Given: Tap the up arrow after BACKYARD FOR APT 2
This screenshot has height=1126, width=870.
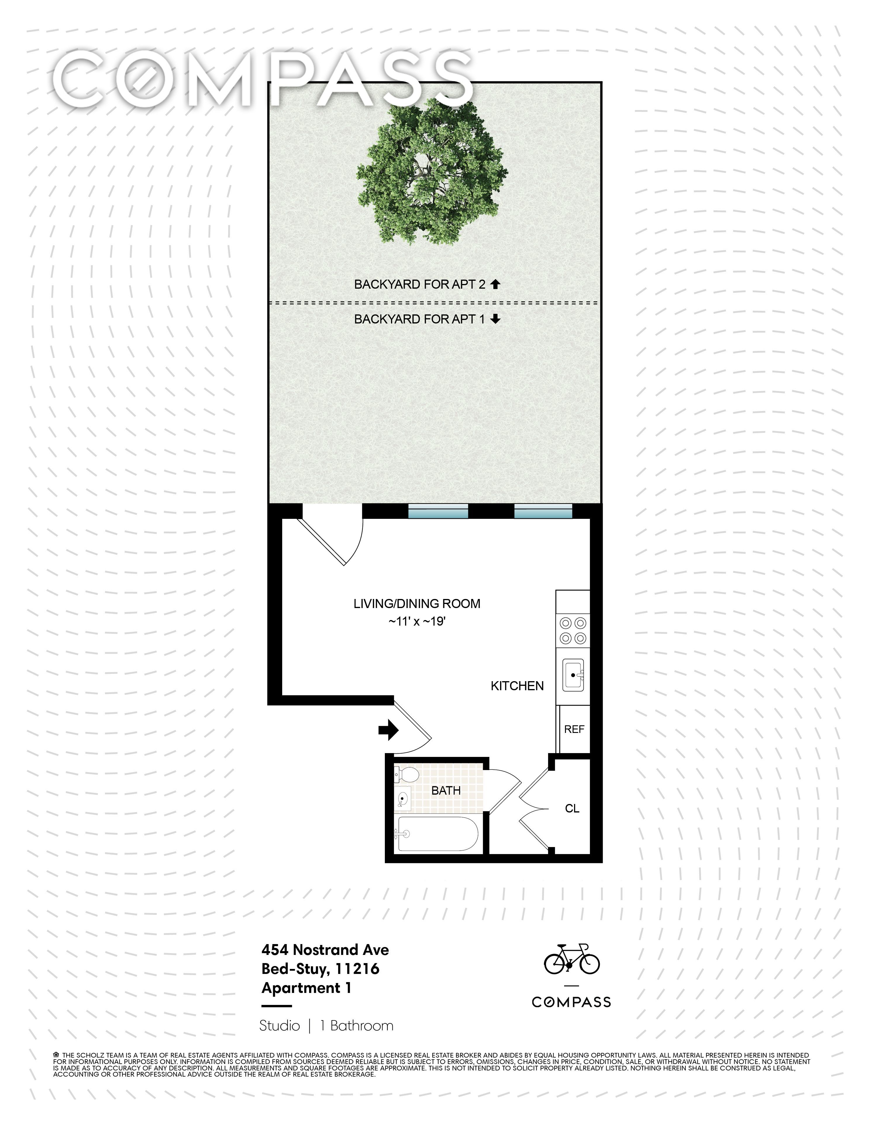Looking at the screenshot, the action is [x=495, y=284].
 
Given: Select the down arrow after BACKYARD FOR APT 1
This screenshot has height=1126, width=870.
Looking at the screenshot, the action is [x=495, y=319].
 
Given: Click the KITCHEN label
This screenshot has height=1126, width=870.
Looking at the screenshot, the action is [x=517, y=686].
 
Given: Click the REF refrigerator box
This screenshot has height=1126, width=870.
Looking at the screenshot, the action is [x=574, y=729].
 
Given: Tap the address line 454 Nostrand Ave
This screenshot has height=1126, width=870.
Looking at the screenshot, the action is [x=325, y=950].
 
